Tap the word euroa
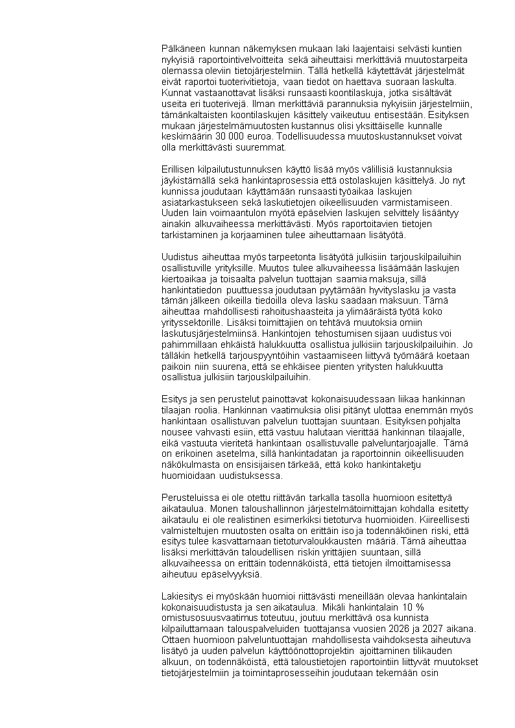[x=256, y=138]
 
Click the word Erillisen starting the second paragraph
[x=179, y=170]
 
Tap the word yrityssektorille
[x=191, y=322]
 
